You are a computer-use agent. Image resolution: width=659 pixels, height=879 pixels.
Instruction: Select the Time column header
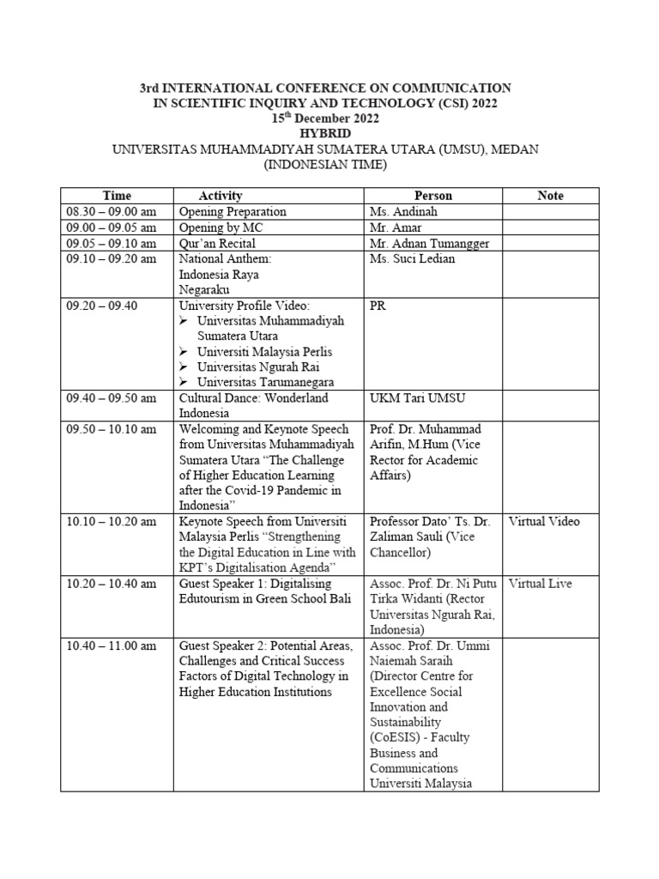pos(117,196)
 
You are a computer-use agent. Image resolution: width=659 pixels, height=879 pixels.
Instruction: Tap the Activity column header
pos(221,196)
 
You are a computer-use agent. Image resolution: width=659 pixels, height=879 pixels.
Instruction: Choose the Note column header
pos(550,196)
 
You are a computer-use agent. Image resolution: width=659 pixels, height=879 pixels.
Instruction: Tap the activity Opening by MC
pos(221,227)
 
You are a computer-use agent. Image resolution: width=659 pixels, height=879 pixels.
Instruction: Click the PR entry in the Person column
pos(378,306)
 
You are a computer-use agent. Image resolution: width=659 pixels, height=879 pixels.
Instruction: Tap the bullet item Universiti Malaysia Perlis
pos(263,352)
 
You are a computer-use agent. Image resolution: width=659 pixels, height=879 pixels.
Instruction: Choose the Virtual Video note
pos(544,522)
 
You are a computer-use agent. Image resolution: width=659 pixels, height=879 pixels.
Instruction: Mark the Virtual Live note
pos(541,584)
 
